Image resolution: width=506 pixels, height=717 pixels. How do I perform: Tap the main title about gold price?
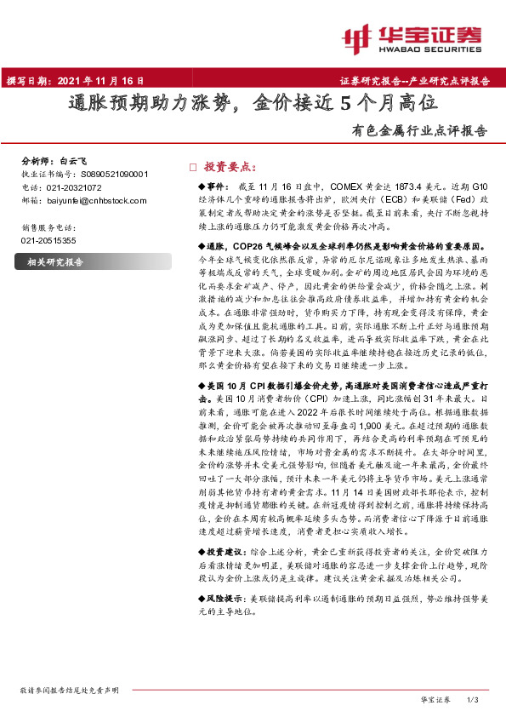(253, 105)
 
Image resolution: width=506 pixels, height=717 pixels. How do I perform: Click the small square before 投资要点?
(192, 168)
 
